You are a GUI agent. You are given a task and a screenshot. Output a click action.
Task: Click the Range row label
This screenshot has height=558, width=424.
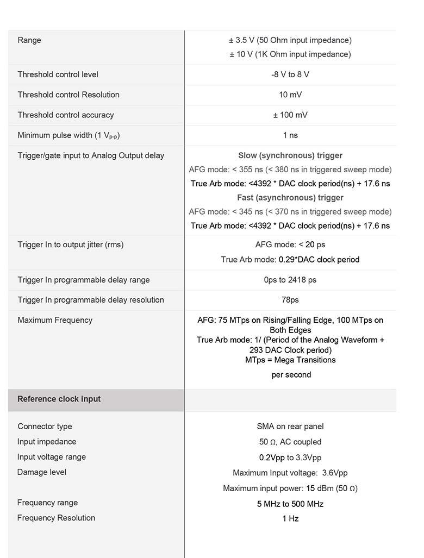click(x=29, y=40)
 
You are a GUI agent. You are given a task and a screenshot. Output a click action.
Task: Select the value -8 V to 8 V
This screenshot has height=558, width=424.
click(x=290, y=74)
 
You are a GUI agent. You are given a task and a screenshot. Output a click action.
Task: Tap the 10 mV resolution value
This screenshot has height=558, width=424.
click(x=290, y=95)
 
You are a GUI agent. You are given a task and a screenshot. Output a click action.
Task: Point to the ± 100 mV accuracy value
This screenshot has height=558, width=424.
click(x=290, y=115)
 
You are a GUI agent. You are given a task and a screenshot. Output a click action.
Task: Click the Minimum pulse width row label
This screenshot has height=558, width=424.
click(x=68, y=135)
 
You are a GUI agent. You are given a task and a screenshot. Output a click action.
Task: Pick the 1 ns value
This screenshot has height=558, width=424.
click(x=290, y=135)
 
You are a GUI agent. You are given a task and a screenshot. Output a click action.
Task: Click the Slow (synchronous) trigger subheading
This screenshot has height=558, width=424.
click(x=290, y=155)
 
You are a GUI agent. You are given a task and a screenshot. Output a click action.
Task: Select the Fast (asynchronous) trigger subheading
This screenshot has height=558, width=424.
click(x=290, y=198)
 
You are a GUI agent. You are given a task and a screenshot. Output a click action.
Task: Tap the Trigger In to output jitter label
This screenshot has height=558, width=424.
click(x=71, y=244)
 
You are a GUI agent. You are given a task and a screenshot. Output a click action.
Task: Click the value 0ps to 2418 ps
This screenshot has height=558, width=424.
click(x=290, y=280)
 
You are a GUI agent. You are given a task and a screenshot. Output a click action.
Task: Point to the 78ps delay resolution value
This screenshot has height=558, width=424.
click(x=290, y=300)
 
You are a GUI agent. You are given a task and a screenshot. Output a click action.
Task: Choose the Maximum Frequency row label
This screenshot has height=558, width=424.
click(x=55, y=320)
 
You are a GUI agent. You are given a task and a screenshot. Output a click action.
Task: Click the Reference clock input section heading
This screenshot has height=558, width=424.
click(x=59, y=399)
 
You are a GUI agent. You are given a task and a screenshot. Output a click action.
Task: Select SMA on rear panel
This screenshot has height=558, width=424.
click(x=290, y=427)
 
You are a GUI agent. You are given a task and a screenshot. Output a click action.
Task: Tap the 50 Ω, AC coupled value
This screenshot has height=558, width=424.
click(x=290, y=442)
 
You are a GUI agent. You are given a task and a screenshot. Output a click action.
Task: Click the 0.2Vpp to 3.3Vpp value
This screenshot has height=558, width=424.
click(x=290, y=457)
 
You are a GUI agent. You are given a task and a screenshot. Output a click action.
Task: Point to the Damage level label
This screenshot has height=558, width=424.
click(x=42, y=472)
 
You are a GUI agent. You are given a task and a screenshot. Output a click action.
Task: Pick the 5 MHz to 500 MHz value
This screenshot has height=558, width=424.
click(x=290, y=504)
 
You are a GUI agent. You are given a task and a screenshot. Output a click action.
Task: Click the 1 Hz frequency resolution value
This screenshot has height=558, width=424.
click(x=290, y=518)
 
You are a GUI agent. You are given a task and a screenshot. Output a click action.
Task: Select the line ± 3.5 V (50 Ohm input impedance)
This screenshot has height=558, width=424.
click(x=290, y=40)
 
